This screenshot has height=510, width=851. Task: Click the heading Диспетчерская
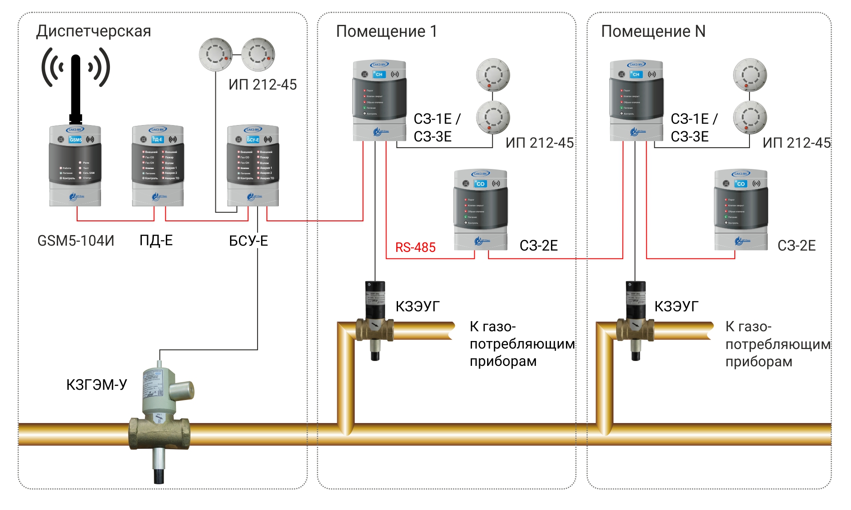point(94,31)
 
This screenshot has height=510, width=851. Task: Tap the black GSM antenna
point(76,86)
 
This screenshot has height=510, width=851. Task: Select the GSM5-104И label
point(76,241)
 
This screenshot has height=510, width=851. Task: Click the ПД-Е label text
point(156,240)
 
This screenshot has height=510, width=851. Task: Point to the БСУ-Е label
point(248,241)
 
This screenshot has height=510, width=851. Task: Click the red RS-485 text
point(415,247)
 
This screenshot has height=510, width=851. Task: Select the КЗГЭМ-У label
point(97,384)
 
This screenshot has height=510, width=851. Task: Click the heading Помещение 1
point(386,31)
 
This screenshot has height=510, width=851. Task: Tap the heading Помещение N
point(653,31)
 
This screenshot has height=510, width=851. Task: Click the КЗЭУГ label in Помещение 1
point(418,306)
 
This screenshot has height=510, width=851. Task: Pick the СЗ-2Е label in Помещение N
point(796,246)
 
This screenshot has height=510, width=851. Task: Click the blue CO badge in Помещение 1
point(480,184)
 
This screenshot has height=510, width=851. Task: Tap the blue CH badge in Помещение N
point(636,75)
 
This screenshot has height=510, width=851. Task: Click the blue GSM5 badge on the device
point(75,140)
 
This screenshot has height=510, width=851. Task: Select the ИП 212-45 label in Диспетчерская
point(262,85)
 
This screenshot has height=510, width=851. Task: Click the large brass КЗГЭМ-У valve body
point(160,432)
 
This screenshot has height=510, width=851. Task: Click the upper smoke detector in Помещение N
point(750,75)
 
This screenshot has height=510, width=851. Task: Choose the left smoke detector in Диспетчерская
point(216,55)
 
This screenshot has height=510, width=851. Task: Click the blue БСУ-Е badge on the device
point(253,140)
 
